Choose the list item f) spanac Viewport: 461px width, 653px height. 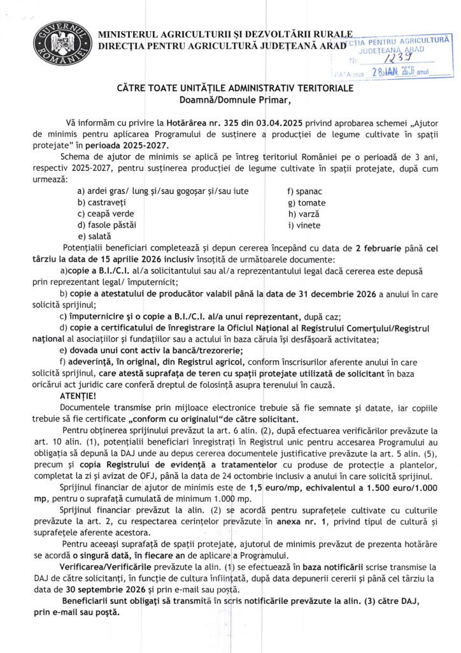[306, 191]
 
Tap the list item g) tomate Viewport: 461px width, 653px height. [306, 202]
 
